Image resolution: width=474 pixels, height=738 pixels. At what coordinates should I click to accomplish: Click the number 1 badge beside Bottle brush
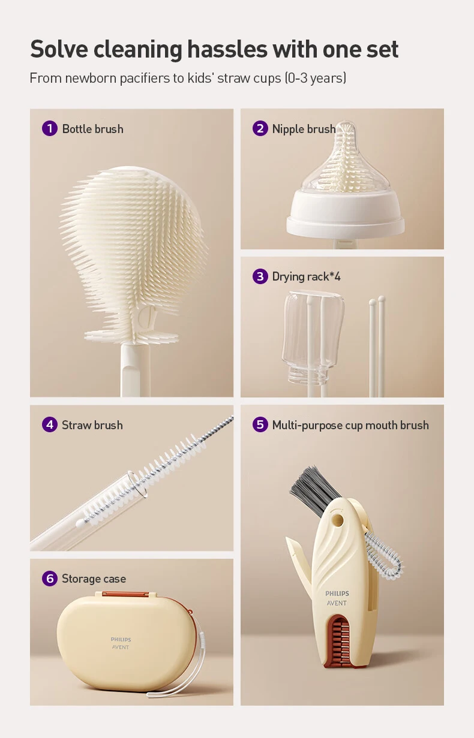(50, 128)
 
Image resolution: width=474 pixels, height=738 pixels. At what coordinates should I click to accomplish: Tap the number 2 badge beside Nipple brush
(260, 128)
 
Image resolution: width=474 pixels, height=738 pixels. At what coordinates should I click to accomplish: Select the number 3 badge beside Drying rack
(260, 276)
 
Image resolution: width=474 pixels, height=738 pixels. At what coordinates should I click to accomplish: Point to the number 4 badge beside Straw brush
(50, 424)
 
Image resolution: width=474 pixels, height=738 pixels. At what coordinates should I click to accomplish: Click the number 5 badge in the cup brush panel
(260, 424)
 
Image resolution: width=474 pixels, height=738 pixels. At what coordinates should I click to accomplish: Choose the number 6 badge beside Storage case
(50, 579)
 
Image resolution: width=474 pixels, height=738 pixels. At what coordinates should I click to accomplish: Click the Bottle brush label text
(92, 129)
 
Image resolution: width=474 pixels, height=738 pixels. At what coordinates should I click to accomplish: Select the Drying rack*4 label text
(306, 277)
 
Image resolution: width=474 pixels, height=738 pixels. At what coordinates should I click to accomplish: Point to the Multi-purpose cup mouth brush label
(350, 425)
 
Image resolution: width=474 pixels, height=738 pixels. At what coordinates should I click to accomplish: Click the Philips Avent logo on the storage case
(121, 643)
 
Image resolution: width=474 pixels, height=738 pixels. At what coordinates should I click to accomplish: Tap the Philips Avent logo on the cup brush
(337, 598)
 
